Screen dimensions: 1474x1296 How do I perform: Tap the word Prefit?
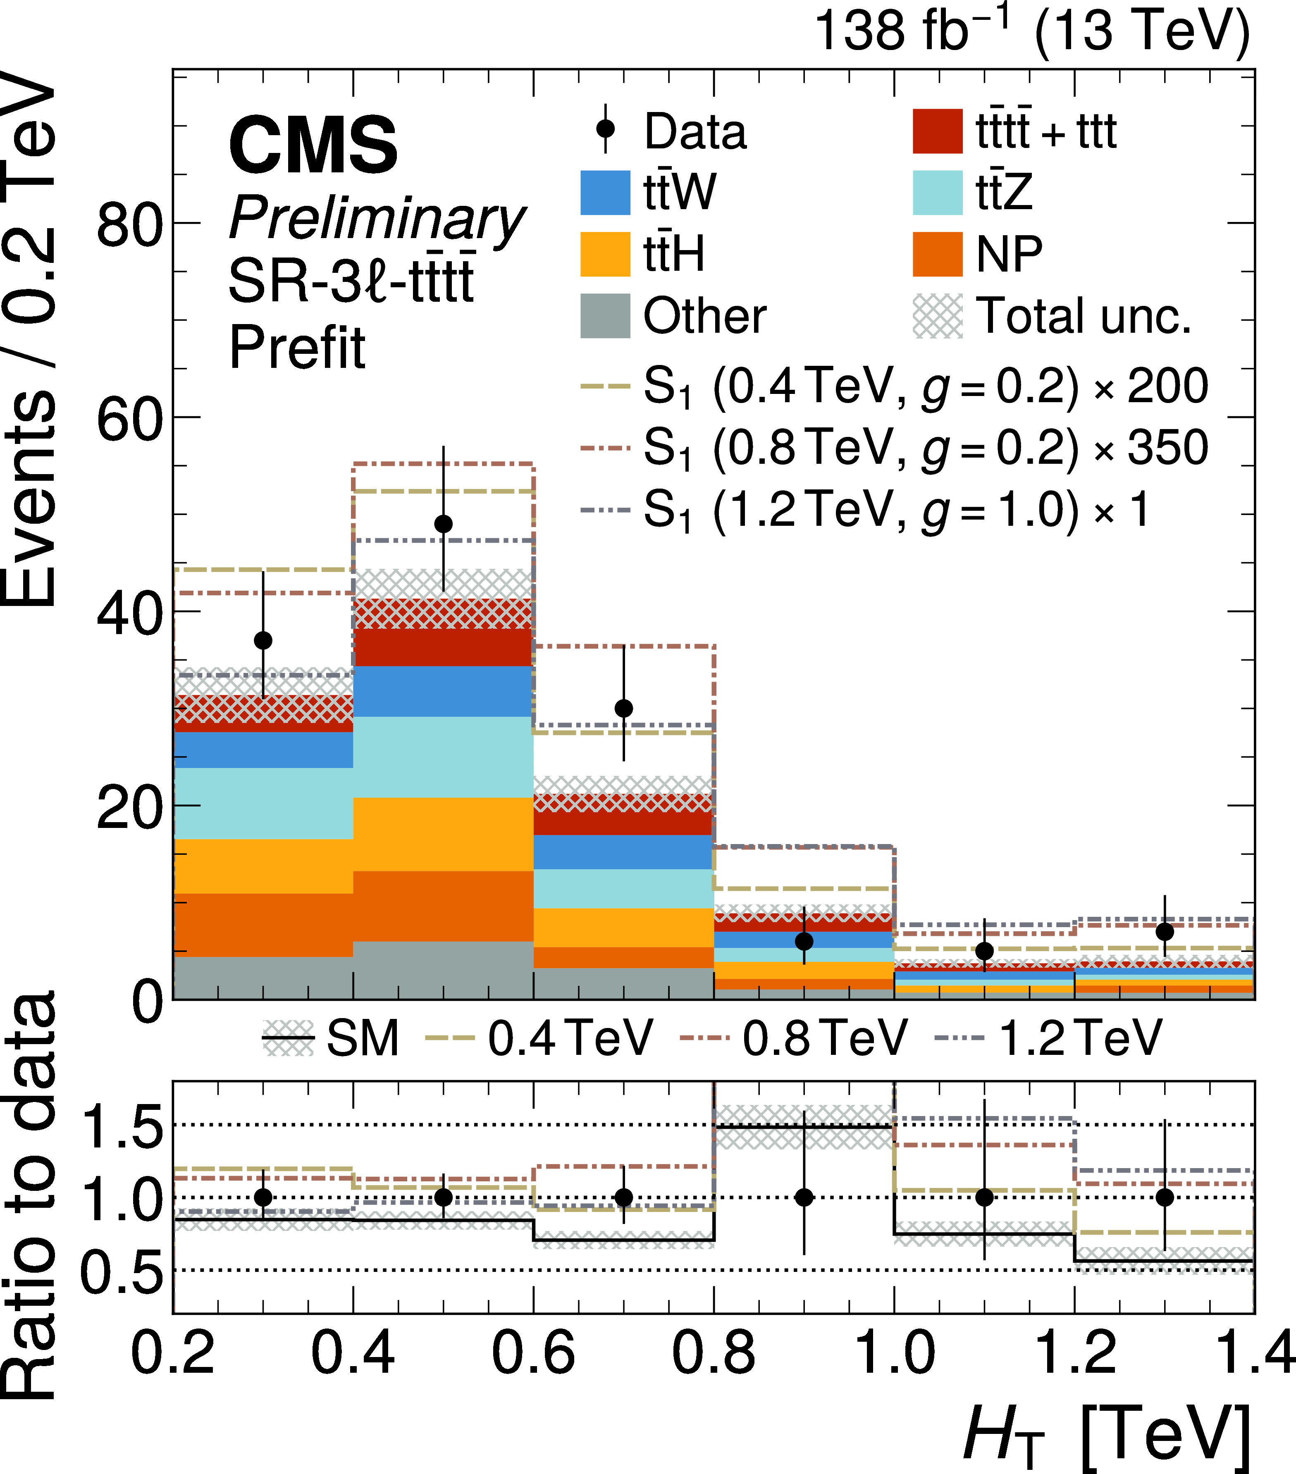pos(297,348)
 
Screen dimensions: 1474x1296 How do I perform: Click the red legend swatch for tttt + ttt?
pos(937,131)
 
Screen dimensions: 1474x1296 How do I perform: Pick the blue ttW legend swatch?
pos(605,193)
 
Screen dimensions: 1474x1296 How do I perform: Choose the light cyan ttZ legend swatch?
pos(937,193)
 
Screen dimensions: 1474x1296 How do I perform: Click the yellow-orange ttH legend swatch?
pos(605,254)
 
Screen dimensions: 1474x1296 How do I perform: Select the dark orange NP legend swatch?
pos(937,254)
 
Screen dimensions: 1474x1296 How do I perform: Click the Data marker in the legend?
pos(606,129)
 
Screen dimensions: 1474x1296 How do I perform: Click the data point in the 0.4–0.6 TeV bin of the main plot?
pos(444,524)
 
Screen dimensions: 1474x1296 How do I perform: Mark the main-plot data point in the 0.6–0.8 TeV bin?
pos(624,708)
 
